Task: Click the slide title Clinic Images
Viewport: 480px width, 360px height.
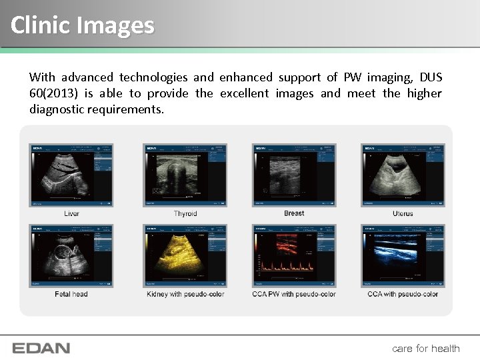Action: click(x=83, y=25)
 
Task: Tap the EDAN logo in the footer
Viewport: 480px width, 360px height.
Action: click(x=41, y=348)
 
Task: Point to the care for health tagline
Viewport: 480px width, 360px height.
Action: click(x=426, y=348)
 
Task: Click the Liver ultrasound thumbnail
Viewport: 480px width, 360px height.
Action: click(x=71, y=175)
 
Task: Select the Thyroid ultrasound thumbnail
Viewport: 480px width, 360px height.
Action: click(x=185, y=175)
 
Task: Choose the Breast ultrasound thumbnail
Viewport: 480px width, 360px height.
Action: click(x=294, y=175)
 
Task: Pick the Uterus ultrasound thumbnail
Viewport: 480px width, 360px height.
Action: click(x=403, y=175)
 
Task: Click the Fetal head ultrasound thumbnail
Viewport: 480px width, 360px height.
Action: click(x=71, y=256)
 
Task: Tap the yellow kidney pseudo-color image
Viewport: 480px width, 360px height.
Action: click(x=185, y=256)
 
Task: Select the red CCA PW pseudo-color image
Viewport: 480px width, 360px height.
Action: click(x=294, y=256)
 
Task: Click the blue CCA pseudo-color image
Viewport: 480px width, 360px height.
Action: click(x=403, y=256)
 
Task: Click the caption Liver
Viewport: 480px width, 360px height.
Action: click(x=71, y=213)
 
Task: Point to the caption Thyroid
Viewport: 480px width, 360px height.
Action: click(x=185, y=213)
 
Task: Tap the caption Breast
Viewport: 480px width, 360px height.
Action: click(x=294, y=213)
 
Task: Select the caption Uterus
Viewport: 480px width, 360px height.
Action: click(x=403, y=213)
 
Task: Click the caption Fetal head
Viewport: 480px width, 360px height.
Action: click(x=71, y=294)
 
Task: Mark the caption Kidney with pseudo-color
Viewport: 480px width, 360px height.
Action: click(x=185, y=294)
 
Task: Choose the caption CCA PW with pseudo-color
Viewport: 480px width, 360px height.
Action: click(x=294, y=294)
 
